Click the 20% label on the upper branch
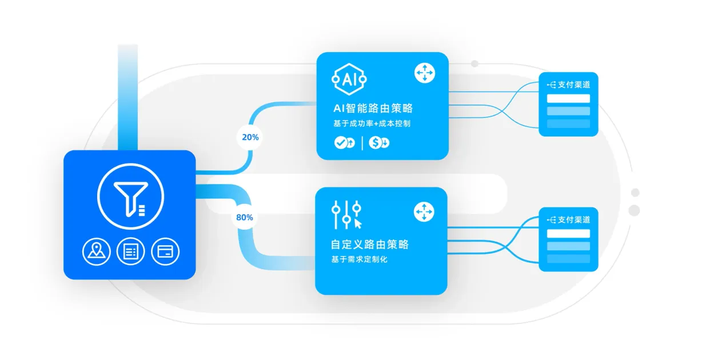(x=250, y=137)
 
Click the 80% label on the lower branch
(x=244, y=218)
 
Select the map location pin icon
(x=97, y=251)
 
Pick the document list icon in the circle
(x=131, y=251)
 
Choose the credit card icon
(x=165, y=251)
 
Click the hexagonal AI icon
(x=349, y=79)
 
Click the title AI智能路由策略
(x=373, y=108)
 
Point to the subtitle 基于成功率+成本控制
(x=372, y=123)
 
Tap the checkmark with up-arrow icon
(x=345, y=142)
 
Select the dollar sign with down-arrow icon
(x=379, y=142)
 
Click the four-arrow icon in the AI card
(x=425, y=73)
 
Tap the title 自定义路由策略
(x=370, y=245)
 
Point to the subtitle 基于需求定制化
(x=360, y=259)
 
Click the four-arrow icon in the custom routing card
(x=424, y=211)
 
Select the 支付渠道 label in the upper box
(x=574, y=85)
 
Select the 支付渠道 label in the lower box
(x=574, y=220)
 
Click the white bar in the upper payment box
(x=568, y=98)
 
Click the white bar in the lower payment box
(x=568, y=234)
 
